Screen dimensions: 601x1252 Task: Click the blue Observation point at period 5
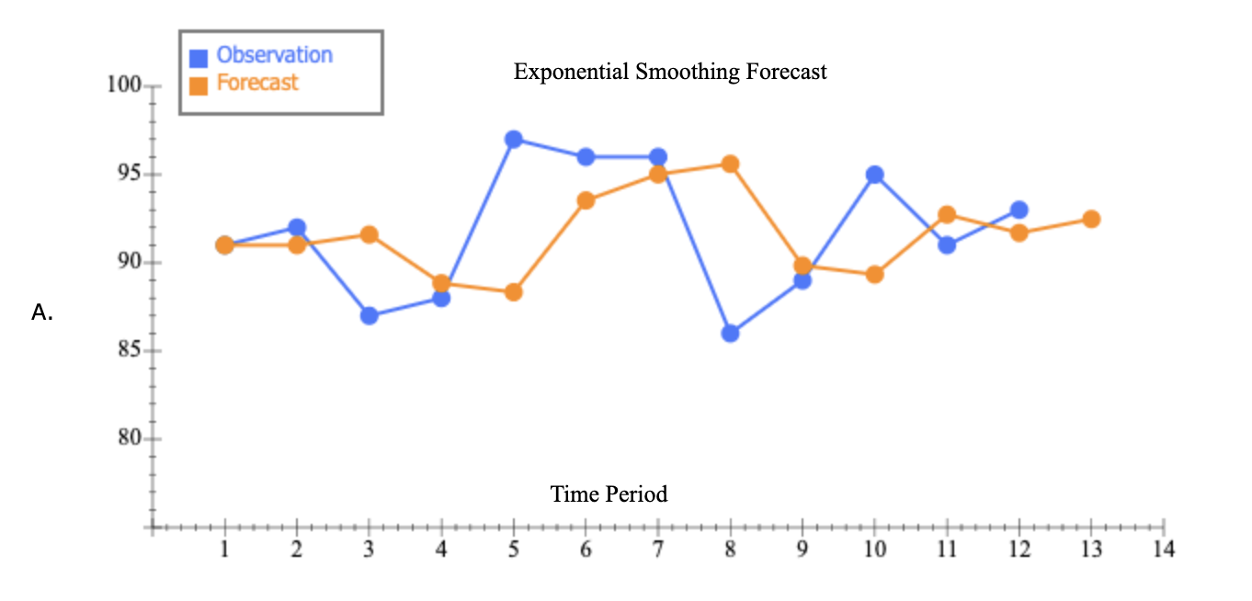pyautogui.click(x=514, y=140)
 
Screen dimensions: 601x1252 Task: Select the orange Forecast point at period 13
pyautogui.click(x=1091, y=219)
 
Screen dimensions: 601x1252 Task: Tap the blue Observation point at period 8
pyautogui.click(x=731, y=334)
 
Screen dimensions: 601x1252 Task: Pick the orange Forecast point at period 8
pyautogui.click(x=731, y=164)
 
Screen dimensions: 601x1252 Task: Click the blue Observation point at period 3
pyautogui.click(x=370, y=315)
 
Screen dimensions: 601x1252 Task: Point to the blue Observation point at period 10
pyautogui.click(x=875, y=175)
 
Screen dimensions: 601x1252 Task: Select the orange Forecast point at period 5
pyautogui.click(x=514, y=292)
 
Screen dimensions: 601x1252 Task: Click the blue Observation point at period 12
pyautogui.click(x=1019, y=210)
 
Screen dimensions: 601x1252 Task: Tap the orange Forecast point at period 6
pyautogui.click(x=586, y=200)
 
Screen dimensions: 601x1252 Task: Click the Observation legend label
pyautogui.click(x=274, y=55)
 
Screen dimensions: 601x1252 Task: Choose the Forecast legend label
pyautogui.click(x=257, y=83)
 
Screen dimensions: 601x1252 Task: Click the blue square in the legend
pyautogui.click(x=199, y=58)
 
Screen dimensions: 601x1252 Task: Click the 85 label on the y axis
pyautogui.click(x=126, y=351)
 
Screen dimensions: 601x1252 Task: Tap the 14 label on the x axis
pyautogui.click(x=1164, y=550)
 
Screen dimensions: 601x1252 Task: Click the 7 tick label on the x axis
pyautogui.click(x=658, y=550)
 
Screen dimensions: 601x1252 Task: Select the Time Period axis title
pyautogui.click(x=609, y=494)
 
